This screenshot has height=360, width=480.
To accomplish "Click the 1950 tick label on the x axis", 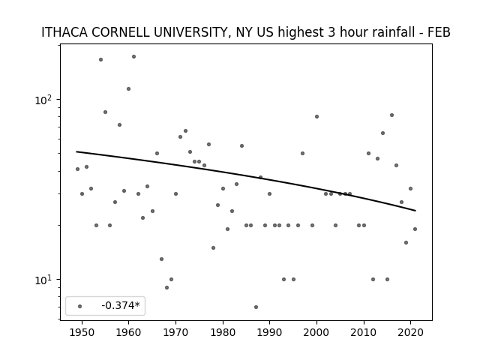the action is point(82,332).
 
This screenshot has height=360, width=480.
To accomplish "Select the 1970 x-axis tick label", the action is point(175,332).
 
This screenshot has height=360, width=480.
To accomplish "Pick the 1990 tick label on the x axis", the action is point(270,332).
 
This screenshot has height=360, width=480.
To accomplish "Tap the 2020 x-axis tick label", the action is point(410,332).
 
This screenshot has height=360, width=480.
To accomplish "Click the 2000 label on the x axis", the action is point(316,332).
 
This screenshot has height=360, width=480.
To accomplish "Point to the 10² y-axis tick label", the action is point(45,100).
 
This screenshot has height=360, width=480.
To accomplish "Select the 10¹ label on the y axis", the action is point(45,280).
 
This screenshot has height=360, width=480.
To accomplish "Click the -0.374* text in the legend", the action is point(121,305).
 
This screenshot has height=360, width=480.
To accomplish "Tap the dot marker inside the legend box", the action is point(80,306).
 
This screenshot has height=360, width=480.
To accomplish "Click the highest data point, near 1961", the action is point(133,57).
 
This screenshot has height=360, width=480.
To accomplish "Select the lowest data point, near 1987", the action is point(256,307).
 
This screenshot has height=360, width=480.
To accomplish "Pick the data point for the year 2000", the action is point(316,117).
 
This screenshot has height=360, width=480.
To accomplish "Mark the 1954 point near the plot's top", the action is point(100,60).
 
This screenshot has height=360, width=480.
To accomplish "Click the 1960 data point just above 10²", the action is point(128,89).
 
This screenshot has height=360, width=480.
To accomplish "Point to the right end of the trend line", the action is point(415,211).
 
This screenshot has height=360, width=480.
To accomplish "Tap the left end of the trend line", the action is point(76,151).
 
